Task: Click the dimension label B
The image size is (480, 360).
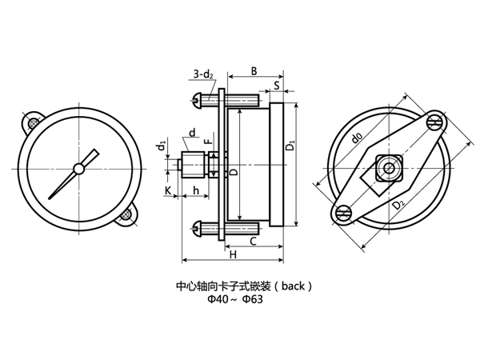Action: pos(254,71)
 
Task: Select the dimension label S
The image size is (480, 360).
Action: pos(276,84)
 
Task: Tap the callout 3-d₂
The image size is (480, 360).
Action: pos(202,76)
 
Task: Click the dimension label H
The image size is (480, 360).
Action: pos(233,254)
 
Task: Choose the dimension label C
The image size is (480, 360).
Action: pos(253,240)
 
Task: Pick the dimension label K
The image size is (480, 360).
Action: pos(168,190)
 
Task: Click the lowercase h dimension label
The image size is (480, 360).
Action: pos(196,190)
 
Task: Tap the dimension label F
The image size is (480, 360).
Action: pos(207,142)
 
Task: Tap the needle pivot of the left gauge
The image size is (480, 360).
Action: pos(80,168)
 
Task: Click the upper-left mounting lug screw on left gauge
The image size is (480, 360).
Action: pos(33,123)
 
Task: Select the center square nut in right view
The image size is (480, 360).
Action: pos(388,169)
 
